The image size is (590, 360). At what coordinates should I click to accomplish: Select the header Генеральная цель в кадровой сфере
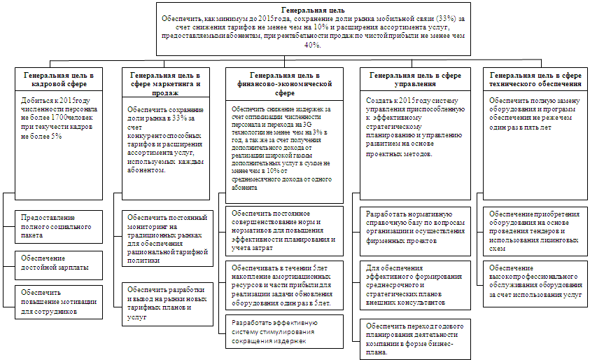[58, 78]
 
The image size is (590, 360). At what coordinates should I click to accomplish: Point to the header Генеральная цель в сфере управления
[414, 78]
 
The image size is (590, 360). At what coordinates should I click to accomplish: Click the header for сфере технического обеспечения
[536, 78]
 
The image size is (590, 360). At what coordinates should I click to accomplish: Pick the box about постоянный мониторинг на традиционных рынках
[167, 238]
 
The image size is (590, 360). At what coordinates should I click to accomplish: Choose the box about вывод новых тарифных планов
[167, 302]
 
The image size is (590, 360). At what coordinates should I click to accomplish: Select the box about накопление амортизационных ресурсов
[284, 285]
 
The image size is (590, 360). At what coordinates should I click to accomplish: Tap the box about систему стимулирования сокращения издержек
[284, 331]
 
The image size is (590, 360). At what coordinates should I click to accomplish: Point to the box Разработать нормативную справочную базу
[414, 226]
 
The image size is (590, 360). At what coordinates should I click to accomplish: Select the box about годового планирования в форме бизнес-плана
[414, 338]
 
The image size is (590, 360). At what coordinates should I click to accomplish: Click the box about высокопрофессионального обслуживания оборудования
[536, 280]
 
